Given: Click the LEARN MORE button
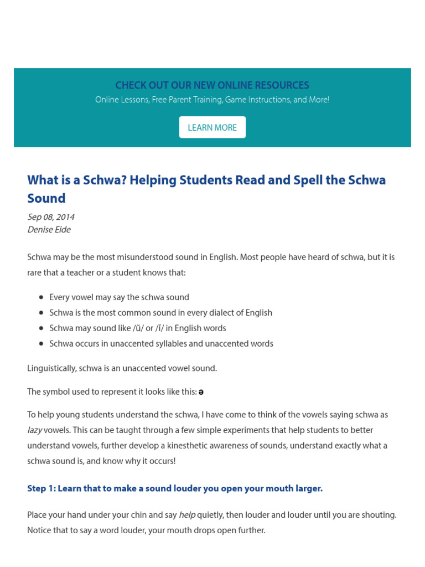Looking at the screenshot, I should coord(212,127).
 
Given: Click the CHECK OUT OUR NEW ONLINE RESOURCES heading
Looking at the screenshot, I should coord(212,85).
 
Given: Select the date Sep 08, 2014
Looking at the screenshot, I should coord(51,217).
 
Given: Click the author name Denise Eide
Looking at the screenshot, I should coord(49,229).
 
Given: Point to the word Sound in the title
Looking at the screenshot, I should coord(46,198).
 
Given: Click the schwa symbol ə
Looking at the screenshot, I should coord(201,392).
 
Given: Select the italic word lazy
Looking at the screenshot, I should coord(34,430).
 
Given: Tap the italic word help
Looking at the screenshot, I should coord(187,515).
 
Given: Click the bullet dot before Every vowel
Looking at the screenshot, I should coord(42,297).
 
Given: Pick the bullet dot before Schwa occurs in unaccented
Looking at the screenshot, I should coord(42,344).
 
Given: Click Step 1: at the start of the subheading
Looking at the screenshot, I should coord(41,488).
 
